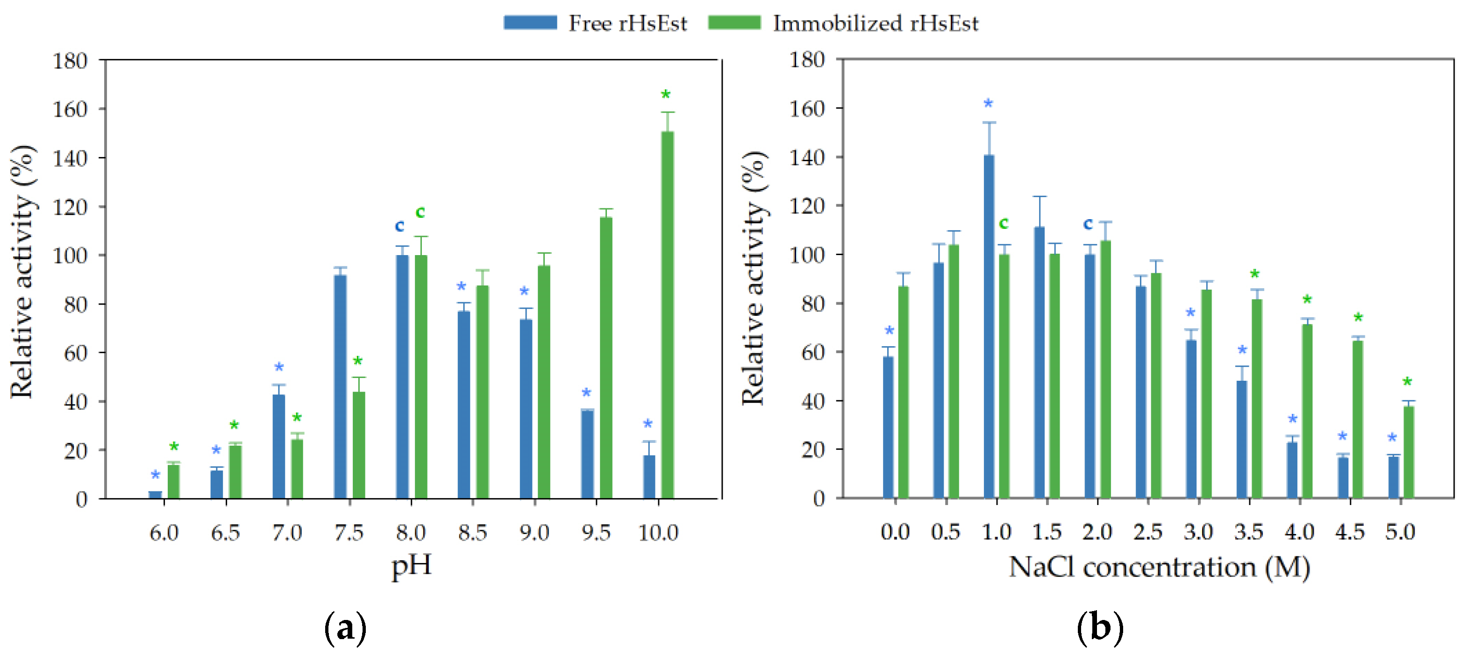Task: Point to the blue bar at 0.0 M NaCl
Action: (x=888, y=427)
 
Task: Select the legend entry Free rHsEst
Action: (x=596, y=23)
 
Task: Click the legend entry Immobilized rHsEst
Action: (x=843, y=23)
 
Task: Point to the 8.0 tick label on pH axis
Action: (x=411, y=533)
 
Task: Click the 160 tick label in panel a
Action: (x=70, y=109)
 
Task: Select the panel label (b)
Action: (x=1100, y=627)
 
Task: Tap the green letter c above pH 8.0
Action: (x=420, y=212)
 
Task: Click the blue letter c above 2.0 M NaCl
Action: (x=1088, y=223)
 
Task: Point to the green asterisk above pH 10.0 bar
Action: (x=665, y=94)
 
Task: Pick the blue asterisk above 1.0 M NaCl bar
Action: (x=988, y=103)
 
